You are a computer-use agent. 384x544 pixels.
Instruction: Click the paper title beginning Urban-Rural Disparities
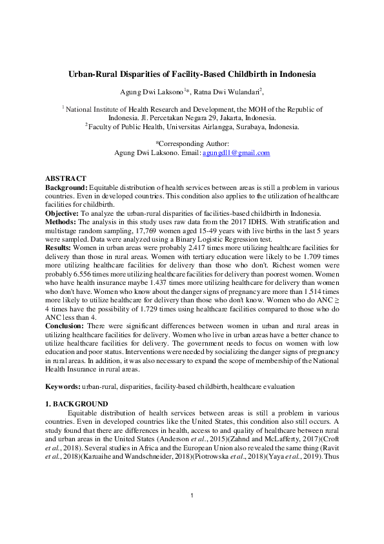point(192,74)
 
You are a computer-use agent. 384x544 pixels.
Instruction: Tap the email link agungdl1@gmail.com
point(236,153)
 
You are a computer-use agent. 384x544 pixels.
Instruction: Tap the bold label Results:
point(60,247)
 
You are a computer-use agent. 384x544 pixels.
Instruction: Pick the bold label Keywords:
point(63,386)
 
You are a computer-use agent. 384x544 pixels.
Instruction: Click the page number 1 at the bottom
point(192,514)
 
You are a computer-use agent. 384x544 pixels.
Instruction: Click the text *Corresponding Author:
point(192,145)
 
